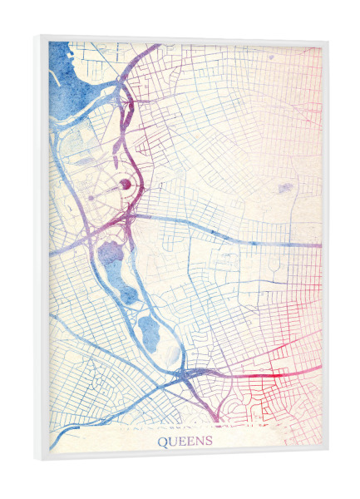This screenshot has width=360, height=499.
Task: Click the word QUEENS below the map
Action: pos(185,441)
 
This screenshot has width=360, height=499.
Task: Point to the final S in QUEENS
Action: pos(209,441)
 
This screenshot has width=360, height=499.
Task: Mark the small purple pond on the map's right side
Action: pos(283,189)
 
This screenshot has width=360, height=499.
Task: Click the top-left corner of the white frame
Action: pos(38,36)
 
